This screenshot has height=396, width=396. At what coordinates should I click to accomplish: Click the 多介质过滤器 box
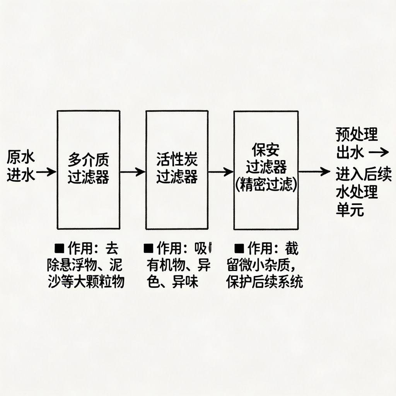point(88,170)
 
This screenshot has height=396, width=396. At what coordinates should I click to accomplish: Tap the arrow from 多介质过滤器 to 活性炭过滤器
point(132,172)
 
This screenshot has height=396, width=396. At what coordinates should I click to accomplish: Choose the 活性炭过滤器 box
point(177,170)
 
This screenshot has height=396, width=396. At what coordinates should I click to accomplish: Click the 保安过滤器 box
point(266,170)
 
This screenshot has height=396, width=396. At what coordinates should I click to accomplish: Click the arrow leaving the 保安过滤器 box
point(314,172)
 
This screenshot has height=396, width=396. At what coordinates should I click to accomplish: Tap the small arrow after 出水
point(379,153)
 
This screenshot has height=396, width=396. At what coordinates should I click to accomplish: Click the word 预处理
point(356,135)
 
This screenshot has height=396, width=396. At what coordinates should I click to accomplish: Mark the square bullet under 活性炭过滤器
point(148,247)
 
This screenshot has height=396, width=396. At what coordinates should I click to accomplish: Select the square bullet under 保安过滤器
point(239,247)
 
